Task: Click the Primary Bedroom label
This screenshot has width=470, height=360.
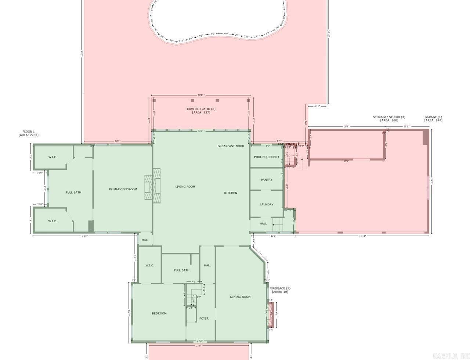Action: click(123, 189)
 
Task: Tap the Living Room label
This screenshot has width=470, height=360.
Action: click(185, 187)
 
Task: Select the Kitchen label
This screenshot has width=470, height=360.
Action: click(231, 193)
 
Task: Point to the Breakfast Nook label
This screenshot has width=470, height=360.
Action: click(231, 146)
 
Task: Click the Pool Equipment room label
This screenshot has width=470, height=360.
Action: click(267, 157)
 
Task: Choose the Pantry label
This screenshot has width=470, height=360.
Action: click(267, 180)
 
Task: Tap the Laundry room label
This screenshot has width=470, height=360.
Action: click(266, 204)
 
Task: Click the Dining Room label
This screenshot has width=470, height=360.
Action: click(240, 297)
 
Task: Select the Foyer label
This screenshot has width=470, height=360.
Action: click(204, 318)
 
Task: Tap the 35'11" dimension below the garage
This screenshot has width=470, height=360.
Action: click(362, 236)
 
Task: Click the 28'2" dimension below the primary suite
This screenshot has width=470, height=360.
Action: click(84, 236)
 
